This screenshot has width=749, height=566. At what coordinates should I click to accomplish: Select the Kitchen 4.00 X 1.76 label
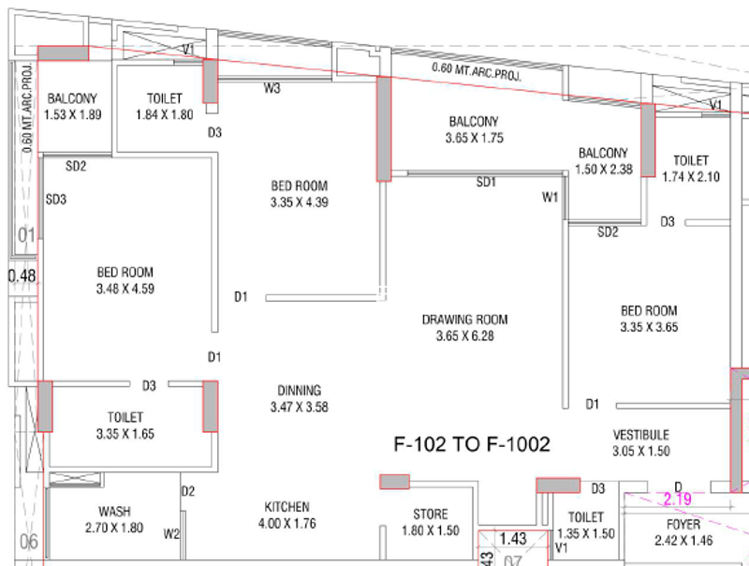[x=287, y=514]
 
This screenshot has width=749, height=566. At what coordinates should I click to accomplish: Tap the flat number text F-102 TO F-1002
[x=472, y=444]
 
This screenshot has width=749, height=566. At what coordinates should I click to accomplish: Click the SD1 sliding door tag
[x=486, y=182]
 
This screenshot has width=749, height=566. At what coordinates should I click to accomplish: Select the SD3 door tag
[x=56, y=200]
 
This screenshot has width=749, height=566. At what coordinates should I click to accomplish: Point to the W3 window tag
[x=272, y=88]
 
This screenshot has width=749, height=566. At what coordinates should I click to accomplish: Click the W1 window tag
[x=550, y=197]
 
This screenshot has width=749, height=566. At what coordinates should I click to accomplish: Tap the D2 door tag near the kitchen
[x=188, y=491]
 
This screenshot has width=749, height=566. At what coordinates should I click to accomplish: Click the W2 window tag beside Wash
[x=171, y=534]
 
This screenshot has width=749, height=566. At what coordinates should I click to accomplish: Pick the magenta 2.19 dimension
[x=677, y=499]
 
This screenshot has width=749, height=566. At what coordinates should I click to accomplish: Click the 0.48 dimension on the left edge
[x=22, y=276]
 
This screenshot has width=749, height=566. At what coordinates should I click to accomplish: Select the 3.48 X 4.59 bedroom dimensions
[x=125, y=289]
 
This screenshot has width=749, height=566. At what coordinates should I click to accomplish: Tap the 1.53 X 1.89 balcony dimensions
[x=73, y=114]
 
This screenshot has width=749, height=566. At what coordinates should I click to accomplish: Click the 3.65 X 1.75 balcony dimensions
[x=475, y=138]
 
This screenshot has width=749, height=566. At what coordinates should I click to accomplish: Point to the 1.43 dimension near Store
[x=512, y=539]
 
